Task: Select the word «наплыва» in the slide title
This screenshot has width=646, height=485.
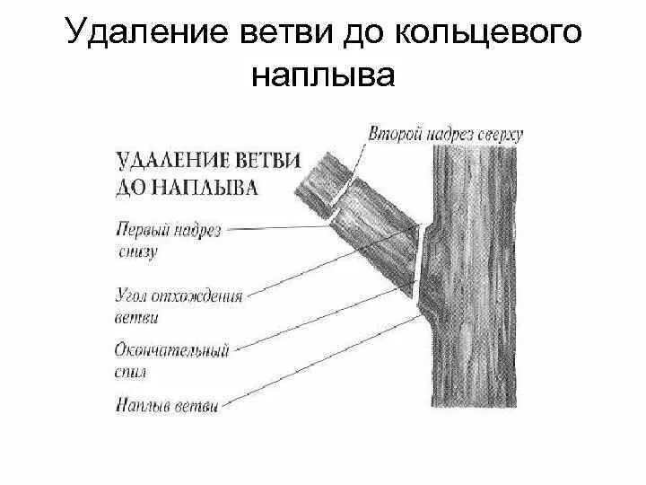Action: (x=323, y=75)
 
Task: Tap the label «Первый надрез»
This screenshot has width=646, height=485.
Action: (x=169, y=231)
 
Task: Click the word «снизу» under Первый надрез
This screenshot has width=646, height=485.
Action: (x=136, y=252)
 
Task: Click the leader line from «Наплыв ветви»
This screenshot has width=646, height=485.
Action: (x=323, y=359)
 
